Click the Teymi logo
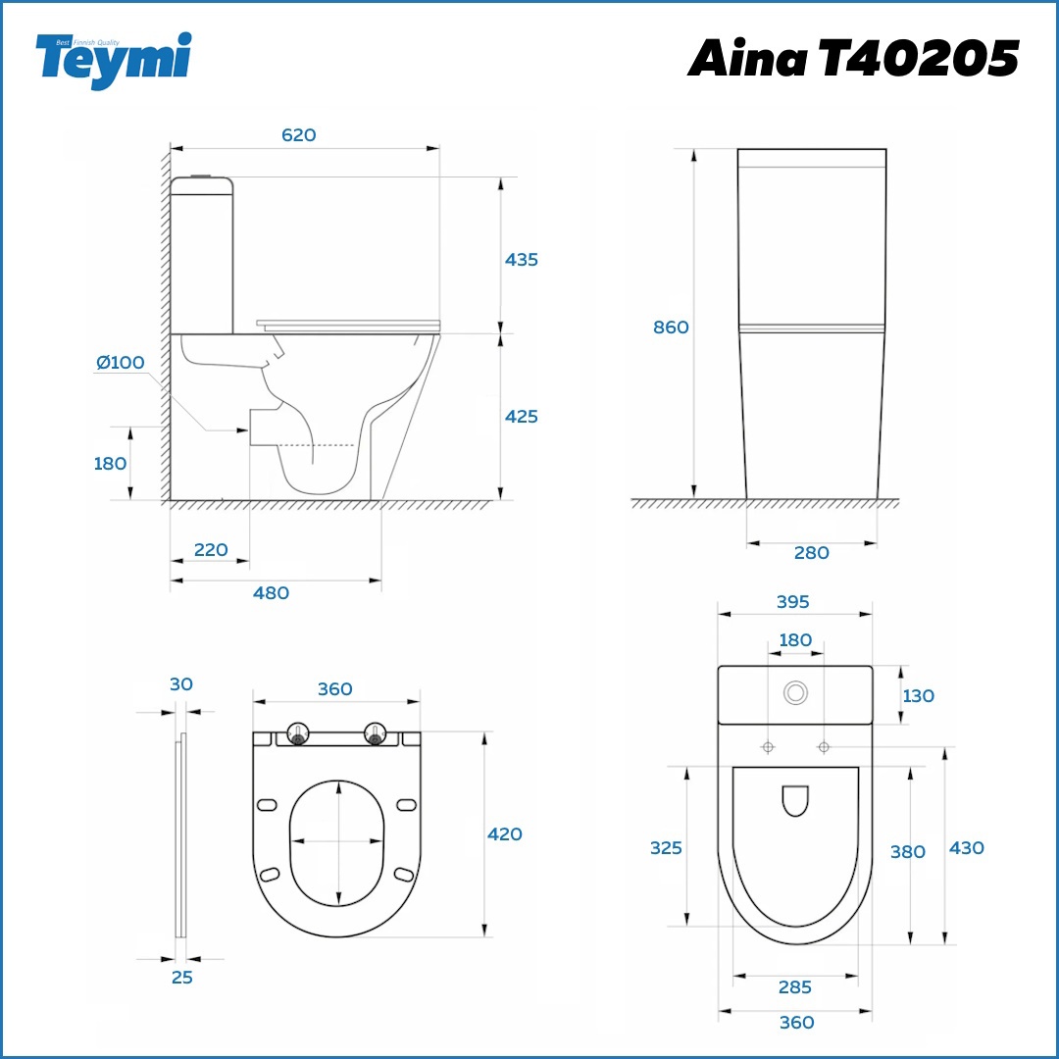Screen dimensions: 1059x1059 click(114, 60)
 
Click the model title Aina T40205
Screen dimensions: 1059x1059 click(853, 58)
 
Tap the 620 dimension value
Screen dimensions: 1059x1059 click(298, 135)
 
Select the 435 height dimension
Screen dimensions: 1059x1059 click(522, 259)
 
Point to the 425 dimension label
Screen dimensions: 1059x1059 click(522, 416)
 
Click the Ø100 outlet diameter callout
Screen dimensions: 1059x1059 click(121, 362)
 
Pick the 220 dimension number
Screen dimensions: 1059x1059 click(211, 550)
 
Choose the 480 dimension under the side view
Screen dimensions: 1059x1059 click(271, 593)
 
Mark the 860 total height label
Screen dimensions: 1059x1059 click(671, 327)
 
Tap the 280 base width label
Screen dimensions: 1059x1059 click(811, 552)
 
